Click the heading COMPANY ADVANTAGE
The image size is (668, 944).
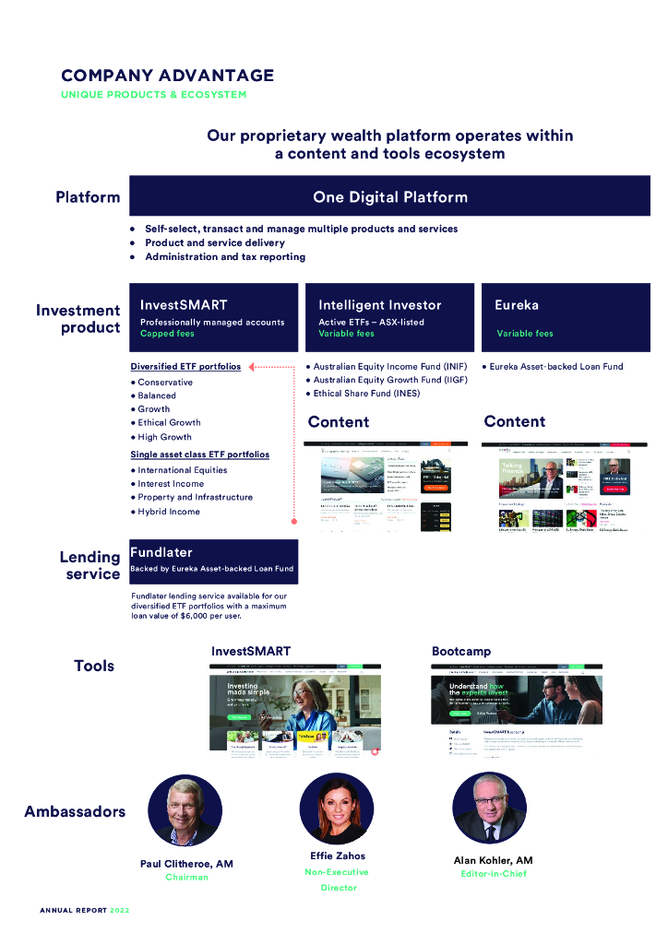[167, 76]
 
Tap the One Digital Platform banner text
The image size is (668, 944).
[389, 196]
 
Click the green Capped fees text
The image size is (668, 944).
[167, 334]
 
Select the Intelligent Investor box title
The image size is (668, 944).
[380, 305]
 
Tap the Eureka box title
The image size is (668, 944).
[517, 305]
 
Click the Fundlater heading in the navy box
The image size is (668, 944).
[161, 552]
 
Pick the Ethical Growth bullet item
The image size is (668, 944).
[169, 422]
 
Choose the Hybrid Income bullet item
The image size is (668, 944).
[169, 511]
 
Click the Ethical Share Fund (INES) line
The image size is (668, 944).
[366, 393]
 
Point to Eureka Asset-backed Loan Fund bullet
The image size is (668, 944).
[555, 366]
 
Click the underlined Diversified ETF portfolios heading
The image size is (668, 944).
[185, 366]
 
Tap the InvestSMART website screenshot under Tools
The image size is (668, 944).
[295, 710]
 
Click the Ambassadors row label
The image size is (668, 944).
[75, 811]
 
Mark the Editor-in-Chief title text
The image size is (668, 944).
[494, 873]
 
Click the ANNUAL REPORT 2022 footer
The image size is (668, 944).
[85, 910]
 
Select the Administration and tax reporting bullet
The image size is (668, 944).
[224, 257]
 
